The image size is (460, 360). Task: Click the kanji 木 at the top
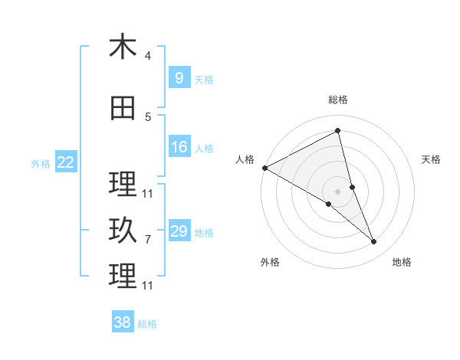tap(123, 47)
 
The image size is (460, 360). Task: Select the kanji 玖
tap(123, 231)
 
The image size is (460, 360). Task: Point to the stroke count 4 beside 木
tap(148, 56)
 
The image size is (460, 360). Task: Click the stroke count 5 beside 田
tap(148, 117)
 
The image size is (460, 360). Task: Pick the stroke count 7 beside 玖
tap(148, 240)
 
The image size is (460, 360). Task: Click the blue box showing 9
tap(179, 78)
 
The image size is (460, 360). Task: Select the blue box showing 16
tap(179, 147)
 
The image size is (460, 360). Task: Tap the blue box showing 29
tap(179, 231)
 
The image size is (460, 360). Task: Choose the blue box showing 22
tap(66, 162)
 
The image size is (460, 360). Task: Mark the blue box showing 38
tap(123, 322)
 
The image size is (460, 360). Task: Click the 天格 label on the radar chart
tap(431, 159)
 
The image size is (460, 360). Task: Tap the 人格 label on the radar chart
tap(245, 159)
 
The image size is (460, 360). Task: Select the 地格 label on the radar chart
tap(402, 262)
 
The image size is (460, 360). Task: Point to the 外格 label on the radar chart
tap(270, 262)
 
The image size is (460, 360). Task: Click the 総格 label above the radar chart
tap(337, 100)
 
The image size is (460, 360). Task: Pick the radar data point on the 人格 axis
tap(264, 168)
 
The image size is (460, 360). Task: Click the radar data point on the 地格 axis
tap(374, 242)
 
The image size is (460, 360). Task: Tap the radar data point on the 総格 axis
tap(337, 130)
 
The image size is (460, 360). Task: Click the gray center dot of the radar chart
tap(337, 191)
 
